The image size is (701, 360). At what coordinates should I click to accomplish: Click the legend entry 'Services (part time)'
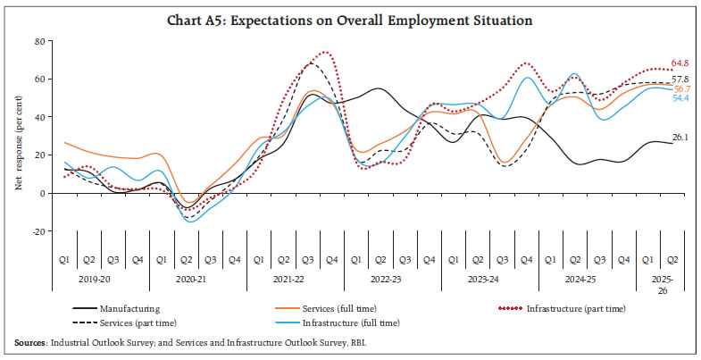tap(138, 322)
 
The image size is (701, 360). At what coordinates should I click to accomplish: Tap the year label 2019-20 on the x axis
tap(101, 279)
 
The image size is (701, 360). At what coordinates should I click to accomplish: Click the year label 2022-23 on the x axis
tap(392, 279)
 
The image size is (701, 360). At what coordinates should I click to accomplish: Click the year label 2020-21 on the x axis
tap(197, 279)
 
